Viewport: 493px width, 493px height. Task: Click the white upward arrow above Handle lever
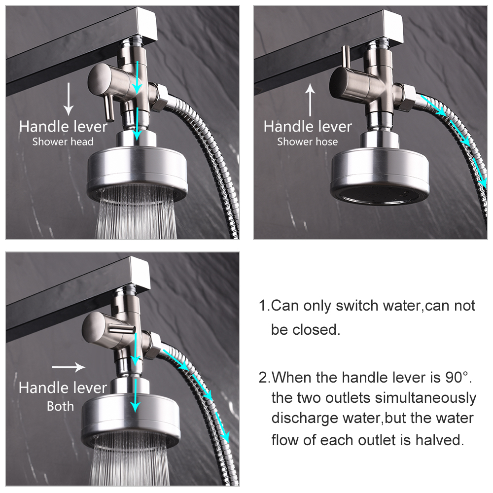pos(310,100)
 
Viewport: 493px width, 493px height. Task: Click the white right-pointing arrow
pos(69,367)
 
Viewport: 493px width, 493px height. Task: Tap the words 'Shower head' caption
pos(63,142)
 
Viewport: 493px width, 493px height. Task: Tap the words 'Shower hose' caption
pos(308,142)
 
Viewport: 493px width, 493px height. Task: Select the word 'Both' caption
pos(60,406)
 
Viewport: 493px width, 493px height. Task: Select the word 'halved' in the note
pos(437,439)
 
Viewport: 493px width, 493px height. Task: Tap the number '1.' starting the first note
pos(265,306)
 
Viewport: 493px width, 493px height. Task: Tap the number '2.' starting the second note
pos(265,378)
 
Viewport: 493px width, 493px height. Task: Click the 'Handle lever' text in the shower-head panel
pos(63,127)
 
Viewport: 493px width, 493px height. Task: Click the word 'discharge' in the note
pos(301,419)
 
